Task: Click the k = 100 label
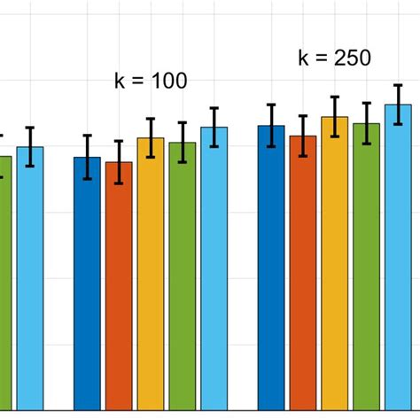(x=151, y=82)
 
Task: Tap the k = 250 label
(x=334, y=59)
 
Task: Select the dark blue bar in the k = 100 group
(x=87, y=284)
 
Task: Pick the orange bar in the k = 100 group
(x=119, y=286)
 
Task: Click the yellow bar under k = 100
(x=151, y=274)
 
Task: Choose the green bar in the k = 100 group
(x=183, y=276)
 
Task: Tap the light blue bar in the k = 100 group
(x=214, y=268)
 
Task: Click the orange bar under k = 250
(x=303, y=273)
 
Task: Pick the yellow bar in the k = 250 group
(x=334, y=263)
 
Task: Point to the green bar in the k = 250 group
(x=366, y=267)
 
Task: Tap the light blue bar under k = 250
(x=398, y=257)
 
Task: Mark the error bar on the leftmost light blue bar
(x=30, y=146)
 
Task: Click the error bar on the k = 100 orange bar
(x=119, y=162)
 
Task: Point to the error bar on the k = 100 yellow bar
(x=151, y=137)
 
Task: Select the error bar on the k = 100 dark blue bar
(x=87, y=157)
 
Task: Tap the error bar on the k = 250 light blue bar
(x=398, y=105)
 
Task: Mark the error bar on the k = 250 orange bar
(x=303, y=136)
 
